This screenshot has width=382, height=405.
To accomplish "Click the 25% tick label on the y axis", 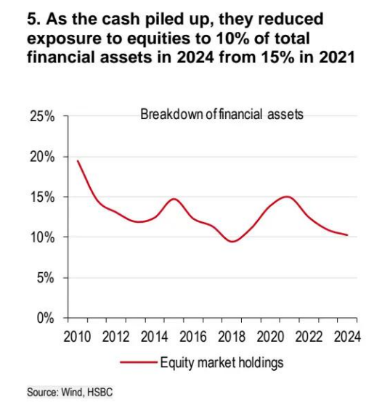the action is click(x=42, y=116).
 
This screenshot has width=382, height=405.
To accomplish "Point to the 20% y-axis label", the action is click(x=42, y=157).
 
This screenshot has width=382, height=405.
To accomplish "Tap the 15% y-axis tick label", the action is click(x=42, y=197).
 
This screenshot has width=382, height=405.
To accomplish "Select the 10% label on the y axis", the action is click(x=42, y=237).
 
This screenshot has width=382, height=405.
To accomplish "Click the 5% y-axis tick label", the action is click(x=45, y=278).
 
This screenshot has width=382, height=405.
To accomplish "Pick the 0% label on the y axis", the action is click(x=45, y=319).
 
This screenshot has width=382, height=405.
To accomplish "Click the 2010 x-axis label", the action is click(x=77, y=337).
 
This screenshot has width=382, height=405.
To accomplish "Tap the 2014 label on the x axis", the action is click(x=154, y=337).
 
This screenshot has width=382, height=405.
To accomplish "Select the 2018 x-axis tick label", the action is click(x=232, y=337).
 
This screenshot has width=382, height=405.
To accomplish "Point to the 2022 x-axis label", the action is click(x=309, y=337).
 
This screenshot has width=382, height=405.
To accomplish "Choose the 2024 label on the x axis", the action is click(x=347, y=337).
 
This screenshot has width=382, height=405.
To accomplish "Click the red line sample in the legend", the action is click(x=139, y=362).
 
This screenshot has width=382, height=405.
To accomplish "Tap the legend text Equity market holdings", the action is click(x=222, y=363).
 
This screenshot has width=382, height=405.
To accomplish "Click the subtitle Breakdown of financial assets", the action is click(x=222, y=114).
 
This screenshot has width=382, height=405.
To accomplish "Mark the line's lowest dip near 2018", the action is click(x=232, y=242).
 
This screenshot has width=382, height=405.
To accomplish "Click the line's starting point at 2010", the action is click(x=78, y=161).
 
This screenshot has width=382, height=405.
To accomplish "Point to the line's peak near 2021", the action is click(x=287, y=197).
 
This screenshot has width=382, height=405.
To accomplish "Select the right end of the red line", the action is click(x=347, y=235).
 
